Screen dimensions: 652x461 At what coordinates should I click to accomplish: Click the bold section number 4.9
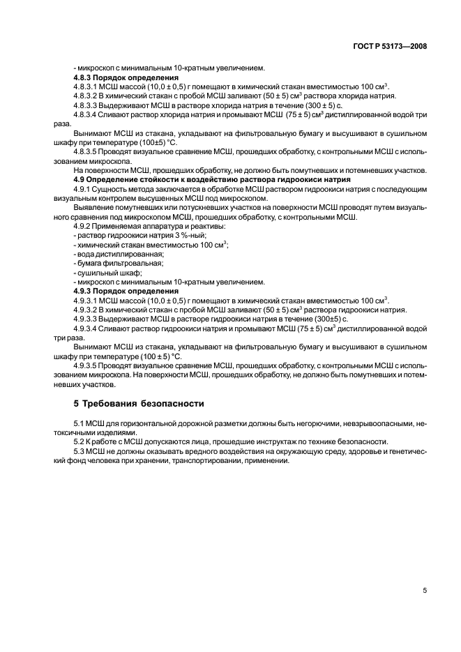coord(80,180)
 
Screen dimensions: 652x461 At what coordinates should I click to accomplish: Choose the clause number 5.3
coord(80,452)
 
